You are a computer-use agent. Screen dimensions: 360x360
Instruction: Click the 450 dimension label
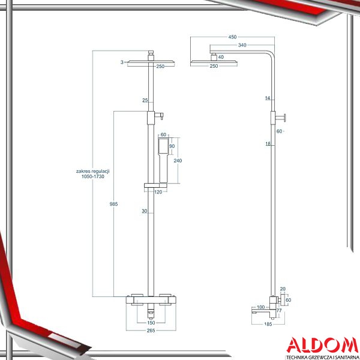[232, 37]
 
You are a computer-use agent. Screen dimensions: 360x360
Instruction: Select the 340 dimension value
[242, 45]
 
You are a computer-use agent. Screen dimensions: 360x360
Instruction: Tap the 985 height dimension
[113, 204]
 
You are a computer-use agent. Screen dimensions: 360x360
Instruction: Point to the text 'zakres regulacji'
[93, 171]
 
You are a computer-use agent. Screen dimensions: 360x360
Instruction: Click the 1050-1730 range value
[93, 176]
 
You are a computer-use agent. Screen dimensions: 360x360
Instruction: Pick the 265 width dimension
[151, 331]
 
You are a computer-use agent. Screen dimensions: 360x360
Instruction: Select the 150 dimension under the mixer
[151, 323]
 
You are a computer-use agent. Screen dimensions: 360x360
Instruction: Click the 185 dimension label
[268, 324]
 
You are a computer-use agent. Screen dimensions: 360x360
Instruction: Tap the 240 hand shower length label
[178, 161]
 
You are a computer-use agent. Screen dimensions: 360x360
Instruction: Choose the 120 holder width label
[158, 192]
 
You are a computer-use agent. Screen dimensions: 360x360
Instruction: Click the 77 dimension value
[279, 311]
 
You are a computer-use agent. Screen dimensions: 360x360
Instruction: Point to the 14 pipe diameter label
[268, 98]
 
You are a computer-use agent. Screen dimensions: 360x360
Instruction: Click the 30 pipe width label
[144, 211]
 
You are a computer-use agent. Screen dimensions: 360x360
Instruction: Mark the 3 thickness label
[122, 62]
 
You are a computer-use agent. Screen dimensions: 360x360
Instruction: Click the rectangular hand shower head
[163, 146]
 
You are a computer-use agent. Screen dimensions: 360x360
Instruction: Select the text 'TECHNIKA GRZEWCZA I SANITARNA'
[322, 357]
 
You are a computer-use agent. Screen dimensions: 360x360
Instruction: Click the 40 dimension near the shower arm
[221, 57]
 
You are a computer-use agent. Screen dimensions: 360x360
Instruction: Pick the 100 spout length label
[260, 307]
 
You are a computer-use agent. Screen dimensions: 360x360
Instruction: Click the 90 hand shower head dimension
[172, 146]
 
